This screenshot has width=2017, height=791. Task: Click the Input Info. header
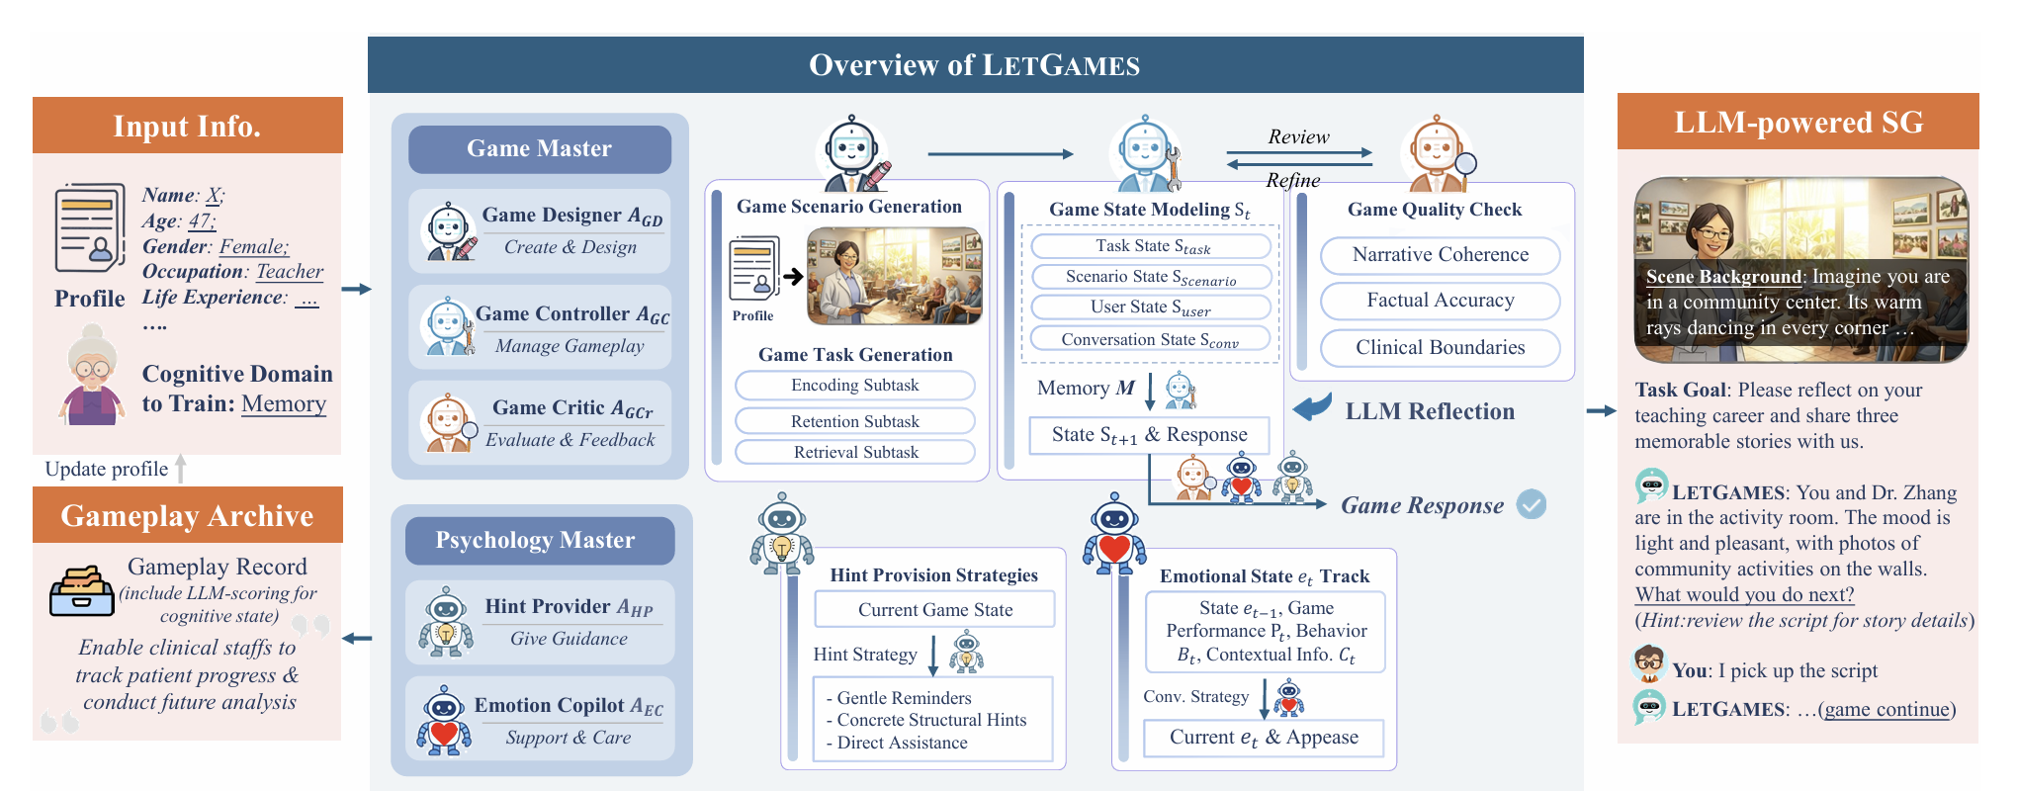point(187,126)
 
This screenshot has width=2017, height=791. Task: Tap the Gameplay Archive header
point(187,515)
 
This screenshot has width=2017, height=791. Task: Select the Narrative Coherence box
point(1440,255)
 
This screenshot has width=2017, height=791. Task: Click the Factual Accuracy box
point(1440,301)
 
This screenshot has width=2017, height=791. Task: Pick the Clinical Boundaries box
point(1440,348)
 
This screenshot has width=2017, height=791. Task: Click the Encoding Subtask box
point(854,386)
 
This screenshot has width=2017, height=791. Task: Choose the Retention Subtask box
point(854,421)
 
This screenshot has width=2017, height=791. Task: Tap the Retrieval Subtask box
point(854,452)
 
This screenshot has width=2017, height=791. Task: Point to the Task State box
point(1151,246)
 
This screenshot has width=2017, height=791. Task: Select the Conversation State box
point(1151,339)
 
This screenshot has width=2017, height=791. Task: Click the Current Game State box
point(934,610)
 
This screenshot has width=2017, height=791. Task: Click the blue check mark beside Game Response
point(1532,504)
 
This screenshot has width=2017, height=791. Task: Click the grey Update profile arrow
point(181,468)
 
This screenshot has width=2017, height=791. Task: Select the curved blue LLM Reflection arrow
point(1313,407)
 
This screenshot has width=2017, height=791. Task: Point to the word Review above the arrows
point(1298,136)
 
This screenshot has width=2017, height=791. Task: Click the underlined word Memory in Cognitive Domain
point(284,403)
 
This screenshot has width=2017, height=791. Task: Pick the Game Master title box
point(540,148)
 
